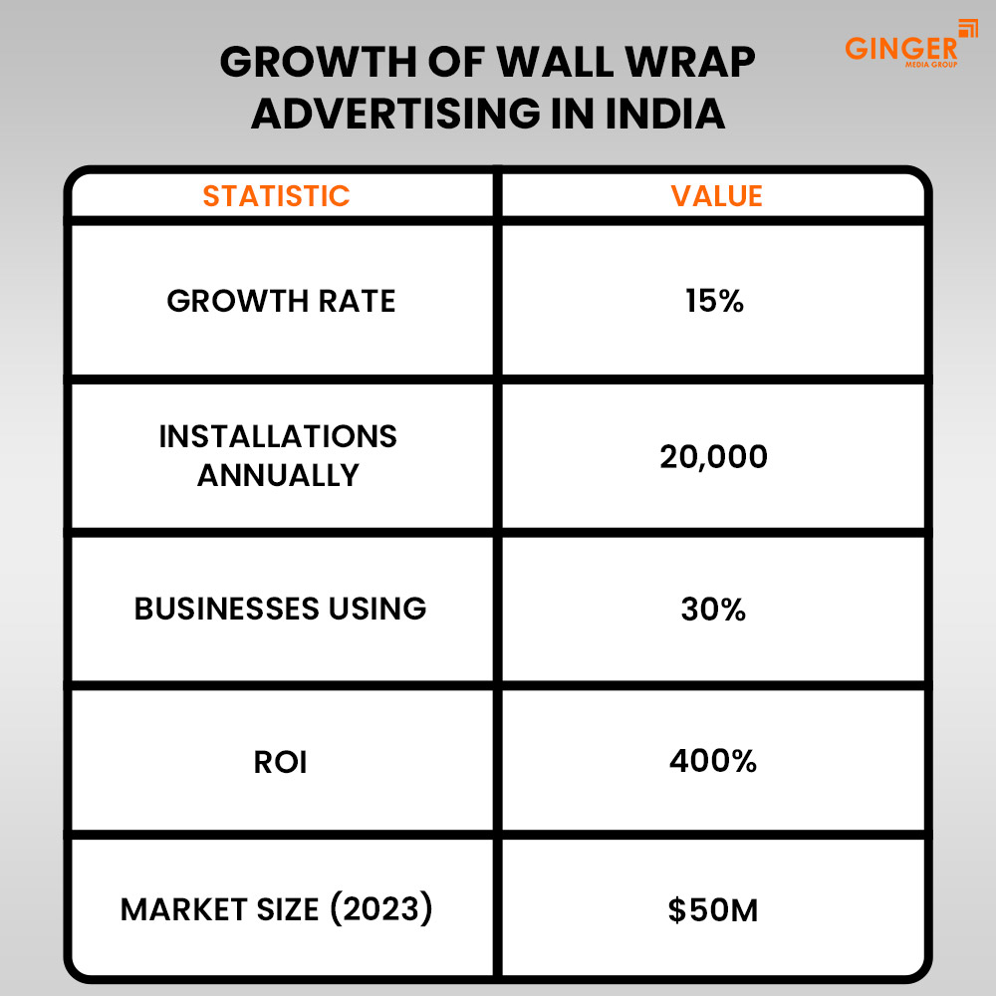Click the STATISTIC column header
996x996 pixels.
(276, 195)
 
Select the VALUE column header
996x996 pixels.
(716, 195)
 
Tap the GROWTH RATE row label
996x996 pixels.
(281, 301)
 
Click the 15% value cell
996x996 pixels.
(714, 301)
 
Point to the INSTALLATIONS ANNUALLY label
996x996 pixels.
(278, 455)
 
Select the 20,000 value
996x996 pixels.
(714, 457)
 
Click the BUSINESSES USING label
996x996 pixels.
(280, 609)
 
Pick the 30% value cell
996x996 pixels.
(714, 609)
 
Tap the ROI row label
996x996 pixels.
(279, 762)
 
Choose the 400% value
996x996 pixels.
(713, 762)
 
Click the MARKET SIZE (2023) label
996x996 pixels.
(277, 909)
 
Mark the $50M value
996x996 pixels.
(713, 910)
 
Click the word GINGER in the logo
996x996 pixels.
(900, 47)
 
